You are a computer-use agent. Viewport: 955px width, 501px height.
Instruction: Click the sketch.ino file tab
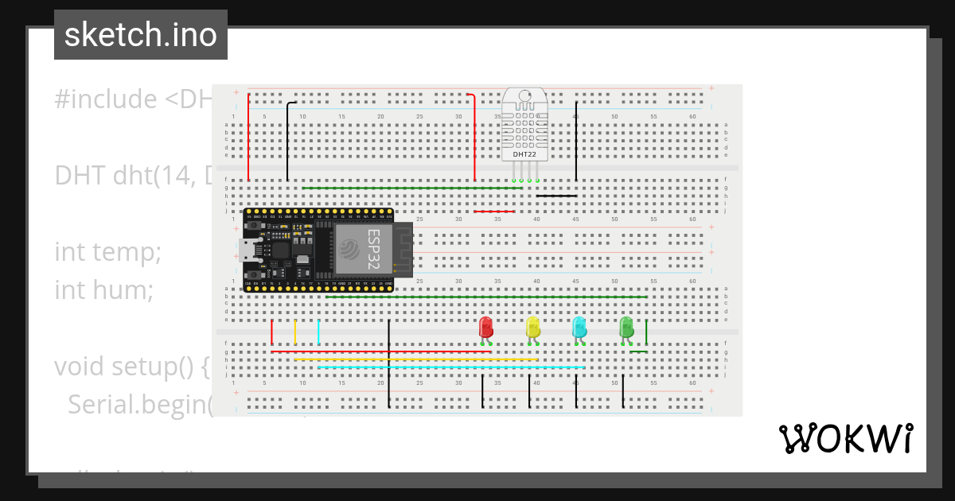pos(141,35)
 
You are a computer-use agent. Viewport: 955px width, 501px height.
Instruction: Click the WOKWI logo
pos(844,438)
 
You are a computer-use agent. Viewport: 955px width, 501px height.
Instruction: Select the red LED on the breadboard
pos(485,327)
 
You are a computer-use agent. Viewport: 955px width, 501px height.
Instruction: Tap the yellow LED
pos(532,327)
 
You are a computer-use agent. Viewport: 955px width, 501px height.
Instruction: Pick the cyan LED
pos(579,327)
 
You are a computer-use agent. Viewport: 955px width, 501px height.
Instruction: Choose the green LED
pos(626,327)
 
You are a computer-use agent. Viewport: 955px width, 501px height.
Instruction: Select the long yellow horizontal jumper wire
pos(414,359)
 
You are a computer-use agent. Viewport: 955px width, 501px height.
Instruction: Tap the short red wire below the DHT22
pos(493,212)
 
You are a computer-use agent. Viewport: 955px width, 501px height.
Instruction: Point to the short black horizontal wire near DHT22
pos(556,195)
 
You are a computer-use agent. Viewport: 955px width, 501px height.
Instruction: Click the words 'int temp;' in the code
pos(108,253)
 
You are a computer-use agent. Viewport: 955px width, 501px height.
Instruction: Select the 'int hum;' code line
pos(104,290)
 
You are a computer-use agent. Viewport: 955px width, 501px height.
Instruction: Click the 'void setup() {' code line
pos(132,367)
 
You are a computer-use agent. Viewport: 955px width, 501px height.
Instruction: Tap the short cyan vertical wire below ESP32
pos(318,332)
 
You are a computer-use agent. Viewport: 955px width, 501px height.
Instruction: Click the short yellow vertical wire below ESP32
pos(295,332)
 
